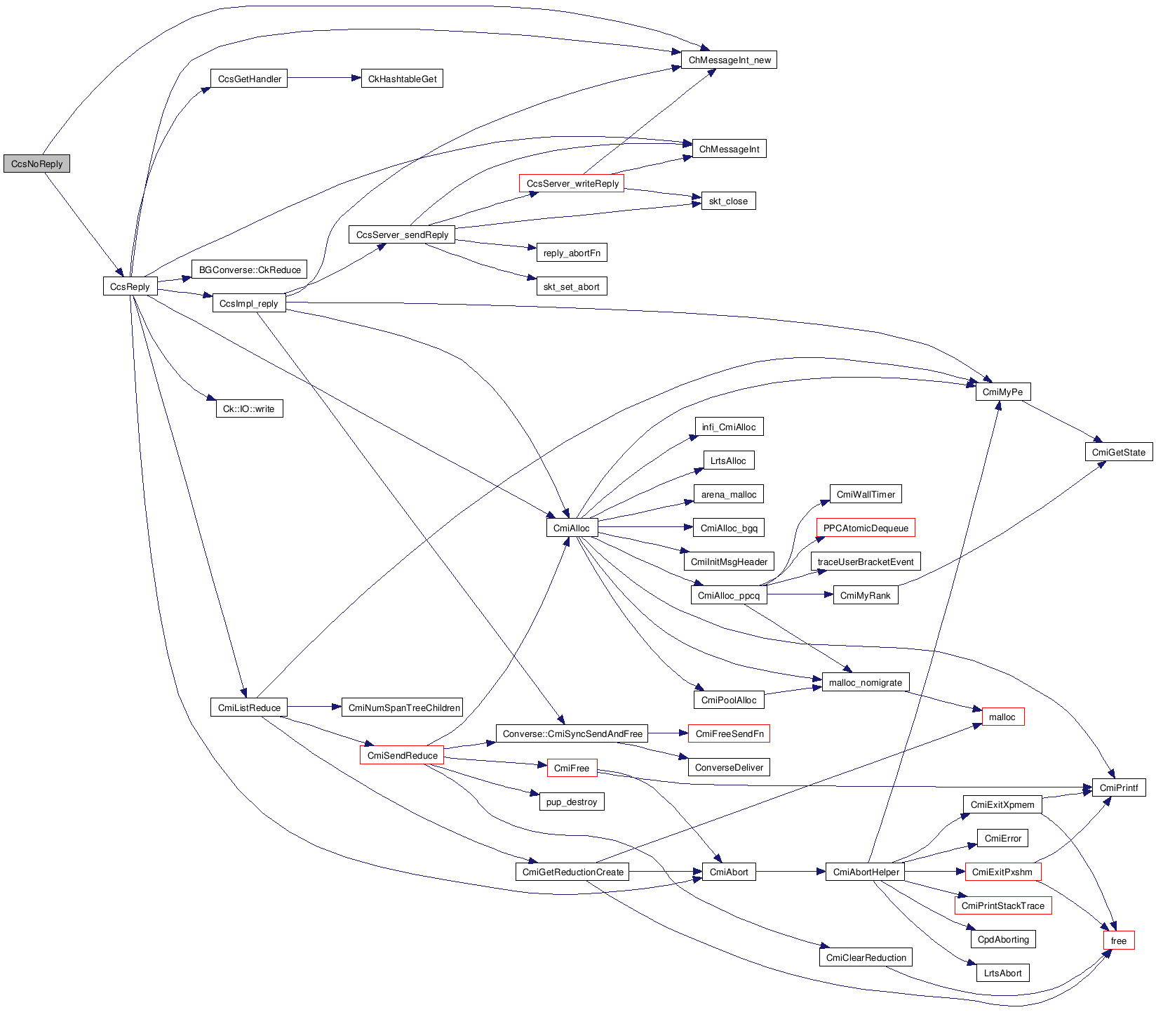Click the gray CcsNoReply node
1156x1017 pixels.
click(x=36, y=164)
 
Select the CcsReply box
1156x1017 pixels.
click(x=130, y=286)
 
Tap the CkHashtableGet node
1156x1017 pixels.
click(x=402, y=79)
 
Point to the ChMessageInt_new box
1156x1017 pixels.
click(x=729, y=60)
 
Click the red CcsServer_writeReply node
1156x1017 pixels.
click(x=572, y=183)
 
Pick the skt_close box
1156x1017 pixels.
click(x=728, y=201)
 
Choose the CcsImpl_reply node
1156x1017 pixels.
click(x=248, y=303)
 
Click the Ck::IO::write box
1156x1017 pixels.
click(x=248, y=408)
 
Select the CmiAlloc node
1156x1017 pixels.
click(x=571, y=528)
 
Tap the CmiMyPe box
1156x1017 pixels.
click(x=1002, y=392)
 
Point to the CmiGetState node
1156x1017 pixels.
click(x=1118, y=452)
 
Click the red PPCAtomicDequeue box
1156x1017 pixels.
click(x=866, y=528)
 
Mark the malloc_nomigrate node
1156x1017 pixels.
click(x=865, y=682)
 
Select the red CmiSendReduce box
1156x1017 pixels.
click(x=402, y=755)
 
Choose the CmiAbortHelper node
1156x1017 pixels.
click(x=866, y=872)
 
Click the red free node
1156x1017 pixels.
click(x=1118, y=940)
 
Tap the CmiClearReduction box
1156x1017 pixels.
click(x=866, y=957)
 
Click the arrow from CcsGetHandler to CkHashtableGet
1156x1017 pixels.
click(x=323, y=78)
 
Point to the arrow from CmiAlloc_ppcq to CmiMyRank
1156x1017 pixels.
click(x=800, y=594)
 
